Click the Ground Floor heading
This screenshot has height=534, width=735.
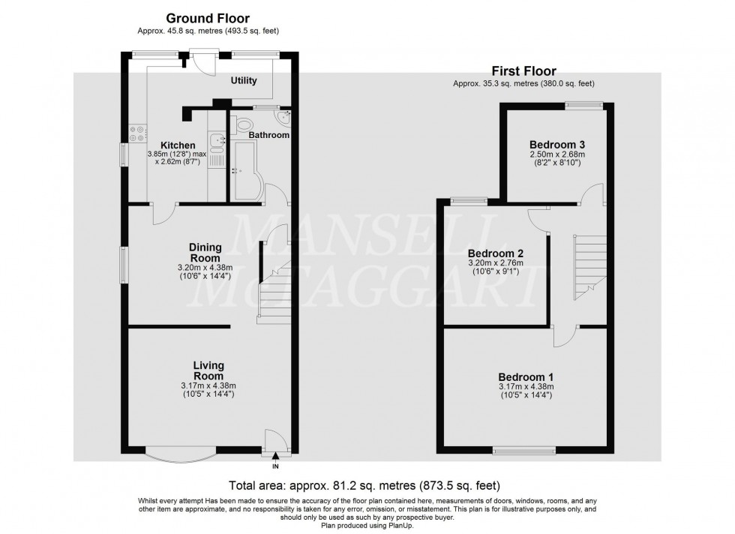pos(207,18)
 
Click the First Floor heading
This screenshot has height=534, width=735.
pos(523,71)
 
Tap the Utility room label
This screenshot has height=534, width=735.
pos(244,81)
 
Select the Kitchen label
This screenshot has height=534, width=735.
pos(178,145)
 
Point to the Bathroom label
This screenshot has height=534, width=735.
pos(269,135)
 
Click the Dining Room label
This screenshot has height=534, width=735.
pos(205,252)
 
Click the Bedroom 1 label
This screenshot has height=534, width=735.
pos(526,376)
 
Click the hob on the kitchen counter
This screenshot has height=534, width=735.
pos(137,133)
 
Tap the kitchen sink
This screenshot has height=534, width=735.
pos(217,140)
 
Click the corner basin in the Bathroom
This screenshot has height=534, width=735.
pos(283,118)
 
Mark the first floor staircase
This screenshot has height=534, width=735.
pos(589,266)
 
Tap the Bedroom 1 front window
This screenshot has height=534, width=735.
pos(524,451)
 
